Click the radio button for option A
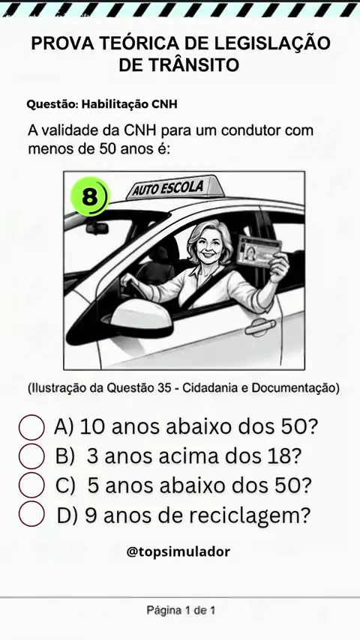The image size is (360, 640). coord(31,427)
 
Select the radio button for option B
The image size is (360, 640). coord(31,456)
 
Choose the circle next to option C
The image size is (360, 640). coord(31,485)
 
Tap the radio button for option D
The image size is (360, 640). coord(31,514)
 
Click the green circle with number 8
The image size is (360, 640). coord(90,197)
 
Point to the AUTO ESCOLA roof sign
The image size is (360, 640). coord(172,188)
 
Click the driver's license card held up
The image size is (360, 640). coord(259,250)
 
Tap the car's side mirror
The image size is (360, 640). coord(141,319)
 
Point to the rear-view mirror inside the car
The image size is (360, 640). coord(97,227)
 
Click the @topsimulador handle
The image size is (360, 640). coord(178,552)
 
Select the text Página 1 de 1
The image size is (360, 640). coord(181,611)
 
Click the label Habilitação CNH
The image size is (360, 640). coord(130,104)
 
